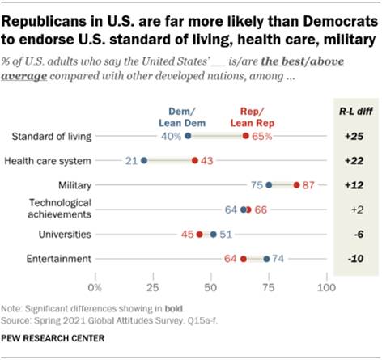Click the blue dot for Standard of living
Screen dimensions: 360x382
(x=188, y=137)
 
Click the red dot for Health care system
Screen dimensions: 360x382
(x=195, y=161)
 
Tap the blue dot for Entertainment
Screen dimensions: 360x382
(x=266, y=259)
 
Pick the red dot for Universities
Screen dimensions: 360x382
(x=199, y=235)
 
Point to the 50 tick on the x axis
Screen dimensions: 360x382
(x=211, y=287)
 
